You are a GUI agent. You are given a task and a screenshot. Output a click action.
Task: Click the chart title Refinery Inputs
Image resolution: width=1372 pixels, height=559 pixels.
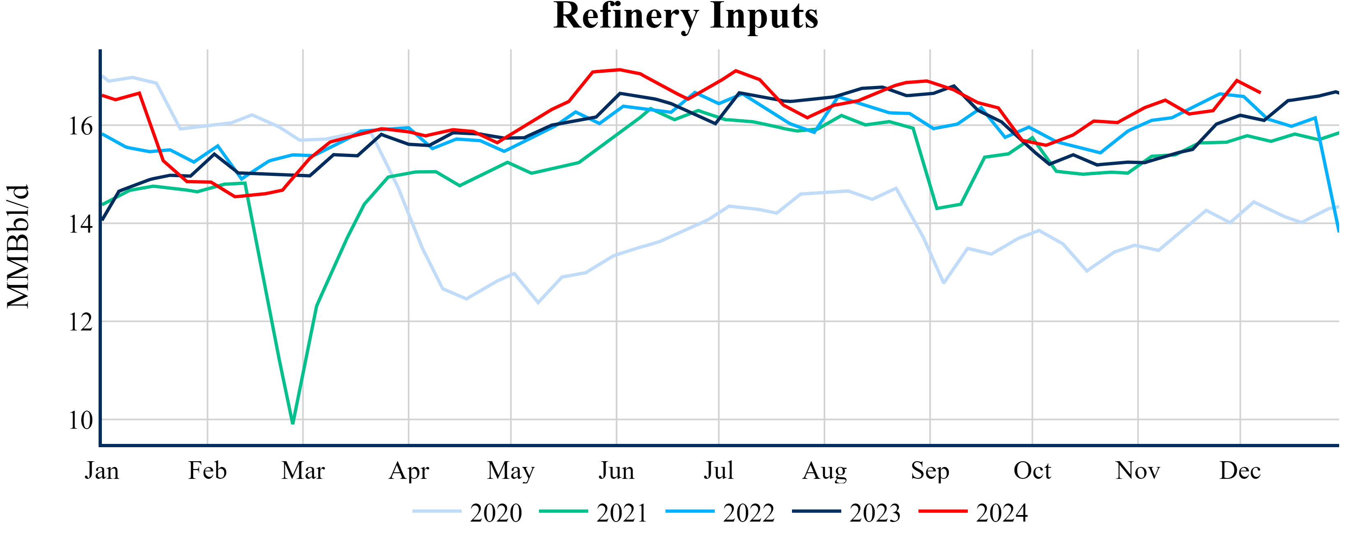tap(686, 16)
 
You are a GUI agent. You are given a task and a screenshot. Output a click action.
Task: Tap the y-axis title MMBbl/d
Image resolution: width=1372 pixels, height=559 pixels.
tap(18, 246)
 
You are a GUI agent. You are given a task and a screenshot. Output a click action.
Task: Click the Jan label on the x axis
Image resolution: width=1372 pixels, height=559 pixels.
tap(102, 471)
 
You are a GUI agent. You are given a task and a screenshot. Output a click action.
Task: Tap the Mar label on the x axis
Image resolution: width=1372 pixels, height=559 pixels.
tap(303, 471)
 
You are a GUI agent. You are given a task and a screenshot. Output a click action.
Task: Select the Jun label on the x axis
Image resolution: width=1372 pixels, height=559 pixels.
tap(616, 471)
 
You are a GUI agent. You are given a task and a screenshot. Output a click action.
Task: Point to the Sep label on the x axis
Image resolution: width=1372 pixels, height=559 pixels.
tap(930, 471)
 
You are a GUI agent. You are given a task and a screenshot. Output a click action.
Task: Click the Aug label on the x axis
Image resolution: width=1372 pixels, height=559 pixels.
tap(824, 471)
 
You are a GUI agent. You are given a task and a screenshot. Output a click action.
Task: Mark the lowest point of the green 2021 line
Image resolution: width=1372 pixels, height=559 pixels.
tap(293, 423)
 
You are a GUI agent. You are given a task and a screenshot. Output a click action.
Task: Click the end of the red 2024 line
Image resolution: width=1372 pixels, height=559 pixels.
tap(1260, 93)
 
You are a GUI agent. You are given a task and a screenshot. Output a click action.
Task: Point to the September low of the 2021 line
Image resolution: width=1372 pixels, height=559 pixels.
tap(937, 208)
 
